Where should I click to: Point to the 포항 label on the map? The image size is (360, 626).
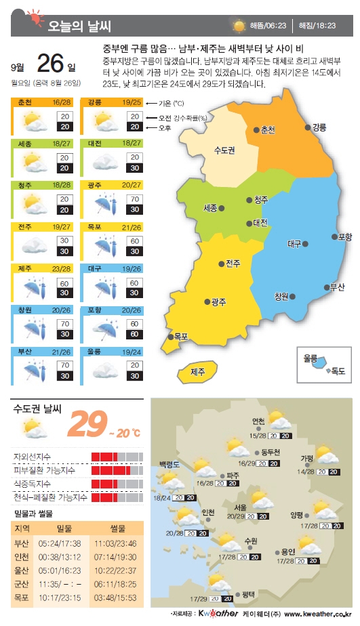click(x=344, y=237)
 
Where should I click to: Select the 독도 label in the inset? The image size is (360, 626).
click(x=337, y=371)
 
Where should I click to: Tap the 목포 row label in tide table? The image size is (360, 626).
click(x=22, y=598)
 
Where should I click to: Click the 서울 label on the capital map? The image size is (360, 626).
click(x=241, y=507)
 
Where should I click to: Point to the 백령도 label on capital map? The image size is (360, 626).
click(x=169, y=464)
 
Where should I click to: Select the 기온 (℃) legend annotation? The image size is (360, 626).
click(x=171, y=104)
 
